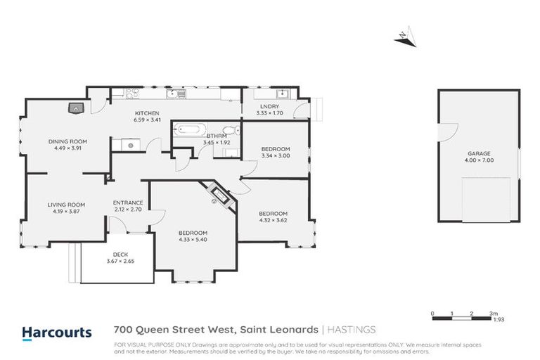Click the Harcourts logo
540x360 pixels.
tap(56, 332)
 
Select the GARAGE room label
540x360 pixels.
tap(479, 153)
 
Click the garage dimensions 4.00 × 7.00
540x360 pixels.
tap(479, 160)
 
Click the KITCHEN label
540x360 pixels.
tap(148, 113)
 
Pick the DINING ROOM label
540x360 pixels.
tap(67, 141)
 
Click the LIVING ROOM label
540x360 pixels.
tap(66, 204)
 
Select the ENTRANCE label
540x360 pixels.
tap(128, 202)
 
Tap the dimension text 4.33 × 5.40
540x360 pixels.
tap(193, 240)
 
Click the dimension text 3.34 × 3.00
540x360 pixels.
tap(275, 156)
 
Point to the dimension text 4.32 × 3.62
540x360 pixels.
tap(273, 220)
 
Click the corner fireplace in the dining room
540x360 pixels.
tap(76, 108)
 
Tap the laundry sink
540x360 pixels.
tap(283, 94)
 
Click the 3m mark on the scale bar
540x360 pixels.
tap(494, 313)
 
